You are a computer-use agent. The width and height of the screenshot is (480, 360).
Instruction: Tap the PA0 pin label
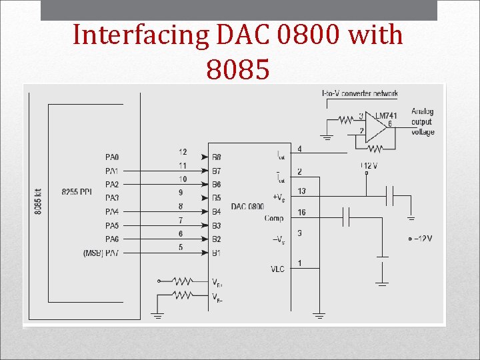(112, 157)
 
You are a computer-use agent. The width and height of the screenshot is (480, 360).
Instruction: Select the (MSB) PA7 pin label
(101, 253)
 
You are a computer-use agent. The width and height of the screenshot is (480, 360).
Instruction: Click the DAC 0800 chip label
(247, 206)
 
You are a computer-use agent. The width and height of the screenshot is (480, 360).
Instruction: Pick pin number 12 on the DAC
(182, 152)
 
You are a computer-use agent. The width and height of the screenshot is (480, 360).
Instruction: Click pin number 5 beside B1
(181, 247)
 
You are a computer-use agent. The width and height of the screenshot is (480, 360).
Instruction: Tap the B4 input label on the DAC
(216, 212)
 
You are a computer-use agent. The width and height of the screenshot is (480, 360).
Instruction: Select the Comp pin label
(273, 218)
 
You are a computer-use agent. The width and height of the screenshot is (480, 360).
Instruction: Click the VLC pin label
(277, 269)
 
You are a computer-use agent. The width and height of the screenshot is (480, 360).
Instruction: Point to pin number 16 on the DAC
(301, 213)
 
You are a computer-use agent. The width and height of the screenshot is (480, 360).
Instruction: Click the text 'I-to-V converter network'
(359, 93)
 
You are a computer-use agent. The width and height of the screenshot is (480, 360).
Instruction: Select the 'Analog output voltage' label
(422, 122)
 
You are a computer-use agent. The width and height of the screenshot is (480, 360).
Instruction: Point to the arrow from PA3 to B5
(173, 198)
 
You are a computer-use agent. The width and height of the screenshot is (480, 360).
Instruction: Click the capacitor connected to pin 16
(346, 217)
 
